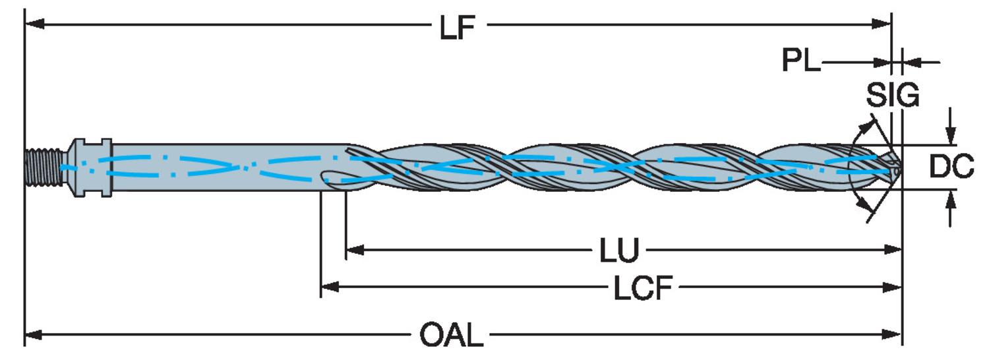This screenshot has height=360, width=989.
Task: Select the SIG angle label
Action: (892, 96)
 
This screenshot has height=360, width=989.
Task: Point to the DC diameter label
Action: (951, 167)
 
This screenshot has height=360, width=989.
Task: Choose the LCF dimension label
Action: (643, 288)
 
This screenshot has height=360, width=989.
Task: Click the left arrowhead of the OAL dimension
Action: (32, 335)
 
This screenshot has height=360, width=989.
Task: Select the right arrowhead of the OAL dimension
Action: (894, 335)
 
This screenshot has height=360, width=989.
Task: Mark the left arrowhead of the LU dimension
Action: (353, 249)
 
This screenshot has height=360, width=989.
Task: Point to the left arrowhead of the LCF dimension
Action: (328, 287)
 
